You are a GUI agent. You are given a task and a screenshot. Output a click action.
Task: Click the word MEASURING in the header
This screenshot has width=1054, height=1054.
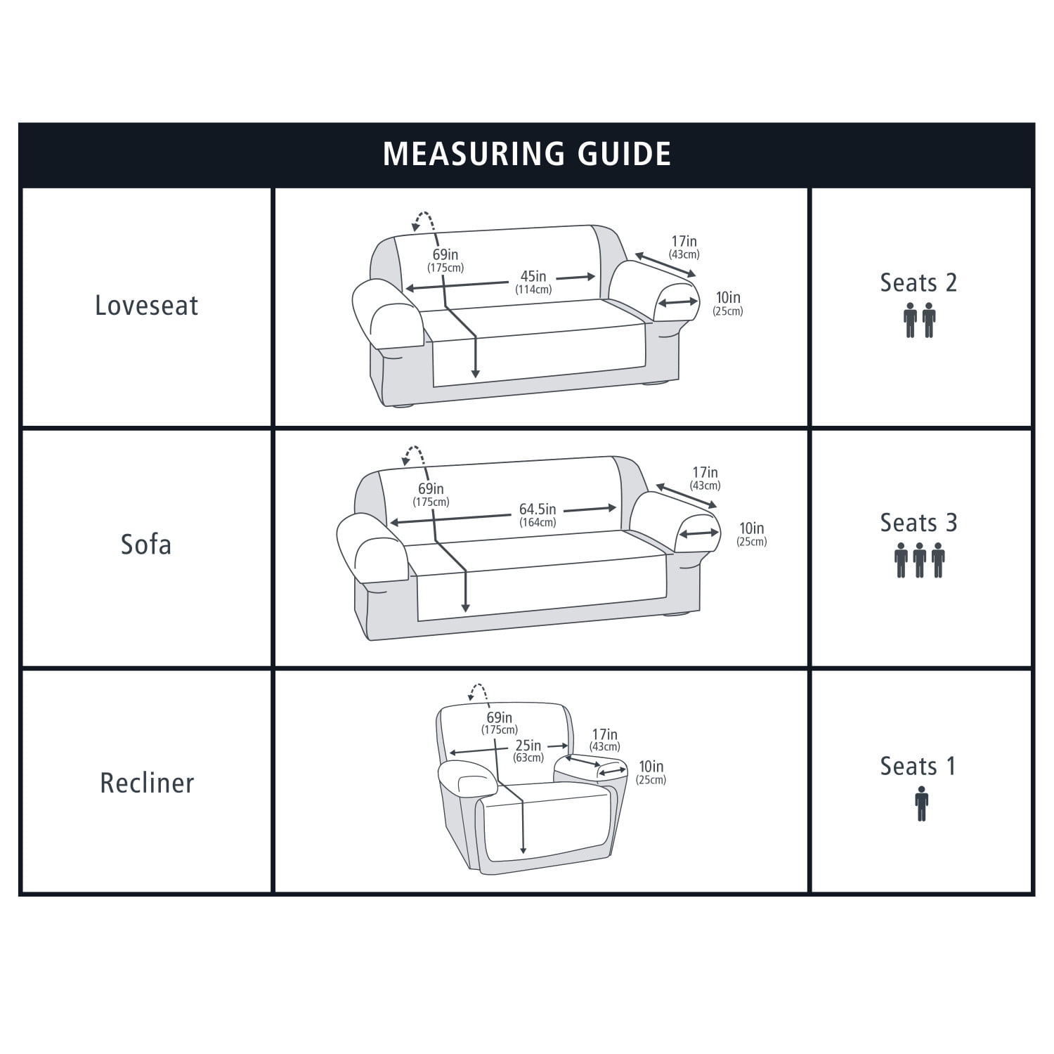[x=474, y=154]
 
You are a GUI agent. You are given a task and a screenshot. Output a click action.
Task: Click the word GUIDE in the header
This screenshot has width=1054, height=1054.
[x=624, y=154]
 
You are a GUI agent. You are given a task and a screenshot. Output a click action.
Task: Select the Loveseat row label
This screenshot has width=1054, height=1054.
[x=146, y=306]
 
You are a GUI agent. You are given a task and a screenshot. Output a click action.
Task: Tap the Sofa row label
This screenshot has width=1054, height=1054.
[x=146, y=545]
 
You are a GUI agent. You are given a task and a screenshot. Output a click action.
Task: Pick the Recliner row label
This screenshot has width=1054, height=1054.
[x=147, y=783]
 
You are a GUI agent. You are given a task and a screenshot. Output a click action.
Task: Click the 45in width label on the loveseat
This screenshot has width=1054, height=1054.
[x=533, y=276]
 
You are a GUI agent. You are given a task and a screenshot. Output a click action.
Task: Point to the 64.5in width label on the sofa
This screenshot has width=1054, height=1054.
[x=538, y=509]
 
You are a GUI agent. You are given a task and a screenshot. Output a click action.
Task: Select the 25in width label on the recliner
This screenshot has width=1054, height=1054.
[x=528, y=746]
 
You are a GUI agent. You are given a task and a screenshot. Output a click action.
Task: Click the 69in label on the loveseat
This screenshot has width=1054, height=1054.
[x=445, y=254]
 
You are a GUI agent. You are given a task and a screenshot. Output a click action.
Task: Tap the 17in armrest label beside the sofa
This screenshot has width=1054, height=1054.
[x=705, y=473]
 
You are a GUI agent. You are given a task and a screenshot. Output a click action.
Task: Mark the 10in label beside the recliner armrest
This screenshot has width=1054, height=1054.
[x=651, y=767]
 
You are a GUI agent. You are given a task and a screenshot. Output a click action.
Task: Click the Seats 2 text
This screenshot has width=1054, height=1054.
[x=918, y=282]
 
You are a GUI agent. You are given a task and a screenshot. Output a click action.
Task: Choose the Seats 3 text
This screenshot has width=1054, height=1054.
[x=918, y=523]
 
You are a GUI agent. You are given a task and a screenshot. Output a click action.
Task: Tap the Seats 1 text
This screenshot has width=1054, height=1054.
[x=918, y=766]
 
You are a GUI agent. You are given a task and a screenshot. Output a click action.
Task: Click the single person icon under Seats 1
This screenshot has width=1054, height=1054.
[x=921, y=804]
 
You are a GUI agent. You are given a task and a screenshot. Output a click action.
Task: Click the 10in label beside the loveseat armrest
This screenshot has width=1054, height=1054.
[x=728, y=297]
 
